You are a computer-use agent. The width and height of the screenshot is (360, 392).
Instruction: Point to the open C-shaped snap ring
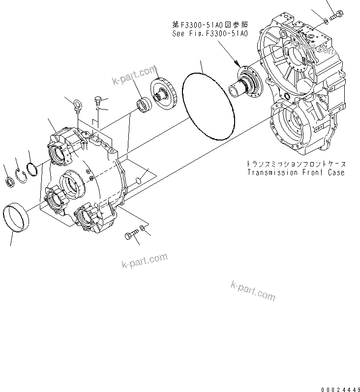21,176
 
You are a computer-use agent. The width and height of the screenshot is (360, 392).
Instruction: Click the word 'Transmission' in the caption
271,172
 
